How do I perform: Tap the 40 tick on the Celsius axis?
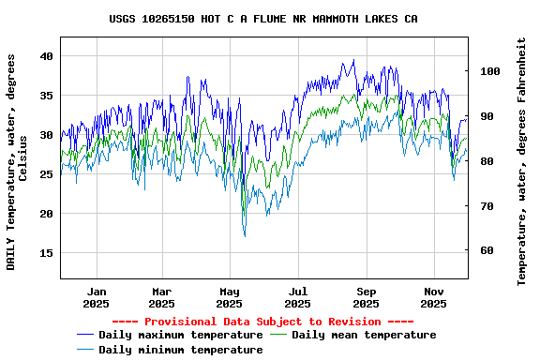pos(47,56)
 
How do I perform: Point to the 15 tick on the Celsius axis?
pos(47,253)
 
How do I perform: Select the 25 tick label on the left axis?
pos(47,174)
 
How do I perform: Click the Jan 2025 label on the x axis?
pos(96,297)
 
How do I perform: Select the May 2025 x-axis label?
pos(230,297)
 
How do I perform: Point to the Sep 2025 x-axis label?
pos(366,297)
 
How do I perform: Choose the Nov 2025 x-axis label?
pos(433,297)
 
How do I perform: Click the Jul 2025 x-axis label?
pos(297,297)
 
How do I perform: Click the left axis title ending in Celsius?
pos(16,162)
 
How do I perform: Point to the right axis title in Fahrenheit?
pos(522,162)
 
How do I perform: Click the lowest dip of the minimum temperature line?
pos(245,235)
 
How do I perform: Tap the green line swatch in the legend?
pos(278,335)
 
